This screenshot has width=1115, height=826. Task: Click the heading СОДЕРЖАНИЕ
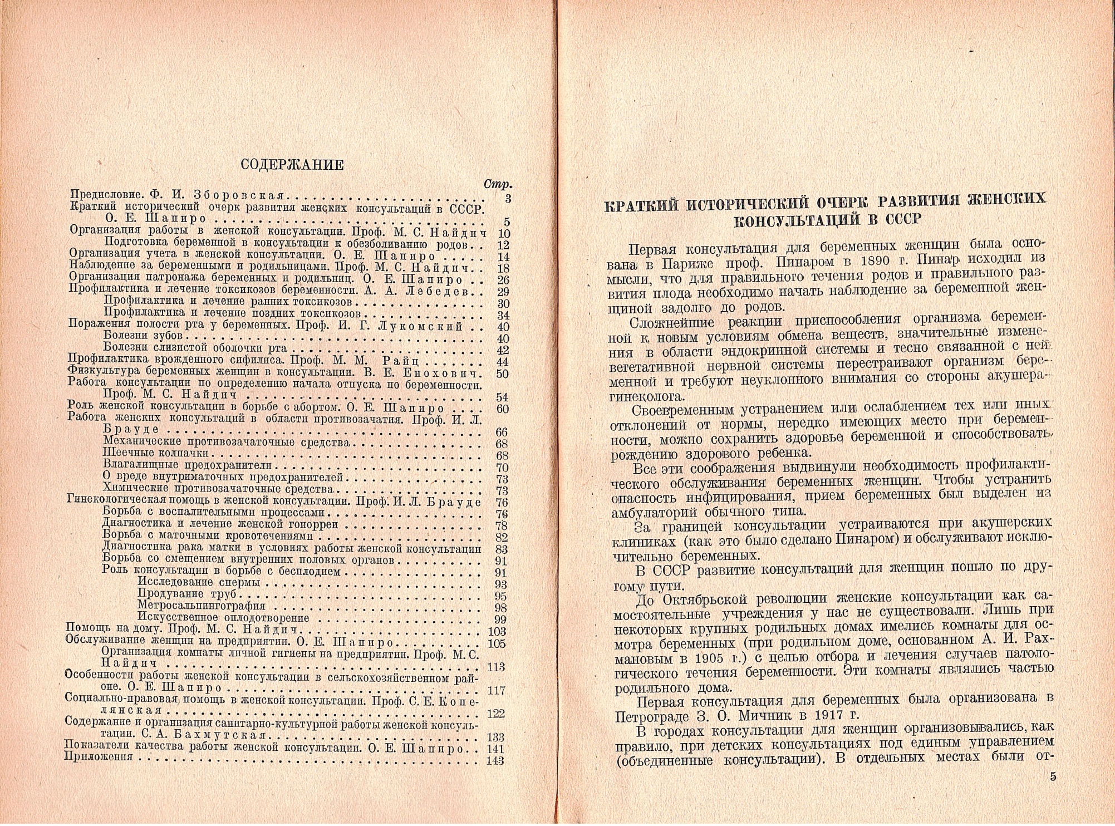292,165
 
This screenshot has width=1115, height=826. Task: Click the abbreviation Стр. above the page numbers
498,184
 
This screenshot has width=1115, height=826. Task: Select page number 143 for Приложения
495,761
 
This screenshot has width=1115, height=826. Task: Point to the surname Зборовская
239,196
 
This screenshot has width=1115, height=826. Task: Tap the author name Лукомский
420,326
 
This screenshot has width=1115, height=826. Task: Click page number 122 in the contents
495,714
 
